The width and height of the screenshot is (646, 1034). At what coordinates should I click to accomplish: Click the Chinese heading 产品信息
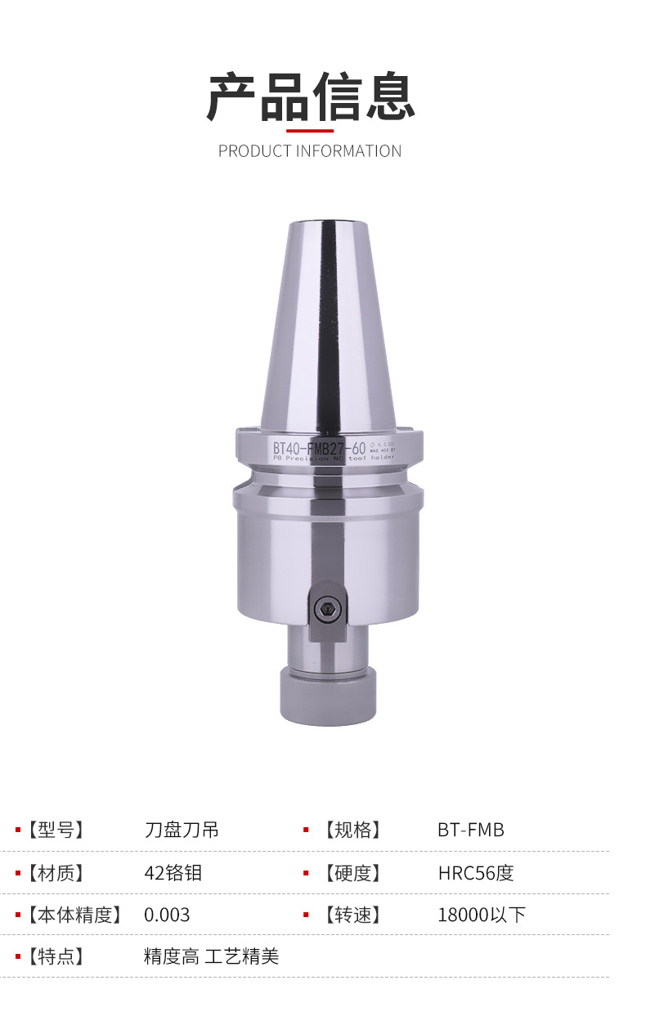click(x=310, y=96)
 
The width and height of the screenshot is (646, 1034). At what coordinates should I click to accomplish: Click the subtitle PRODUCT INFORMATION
click(x=310, y=151)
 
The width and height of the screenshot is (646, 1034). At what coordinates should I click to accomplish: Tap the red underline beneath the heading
click(x=310, y=130)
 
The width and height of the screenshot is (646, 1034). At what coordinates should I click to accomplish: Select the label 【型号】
click(x=56, y=830)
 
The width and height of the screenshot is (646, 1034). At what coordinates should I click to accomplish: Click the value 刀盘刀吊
click(x=182, y=830)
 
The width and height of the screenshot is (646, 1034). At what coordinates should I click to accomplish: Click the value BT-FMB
click(x=471, y=830)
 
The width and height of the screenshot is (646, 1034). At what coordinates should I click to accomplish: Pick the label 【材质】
click(x=56, y=873)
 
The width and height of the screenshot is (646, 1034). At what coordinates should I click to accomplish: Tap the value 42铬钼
click(x=173, y=873)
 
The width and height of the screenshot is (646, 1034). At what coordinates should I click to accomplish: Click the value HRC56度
click(x=476, y=873)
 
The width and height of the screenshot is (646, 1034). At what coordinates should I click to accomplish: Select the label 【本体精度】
click(x=74, y=915)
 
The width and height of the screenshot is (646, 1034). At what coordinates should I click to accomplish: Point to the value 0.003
click(x=167, y=915)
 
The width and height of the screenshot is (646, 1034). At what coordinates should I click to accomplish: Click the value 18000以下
click(x=482, y=915)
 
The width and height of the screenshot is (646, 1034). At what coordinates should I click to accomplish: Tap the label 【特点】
click(x=56, y=956)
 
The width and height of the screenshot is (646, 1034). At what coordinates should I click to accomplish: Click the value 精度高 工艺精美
click(x=211, y=956)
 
